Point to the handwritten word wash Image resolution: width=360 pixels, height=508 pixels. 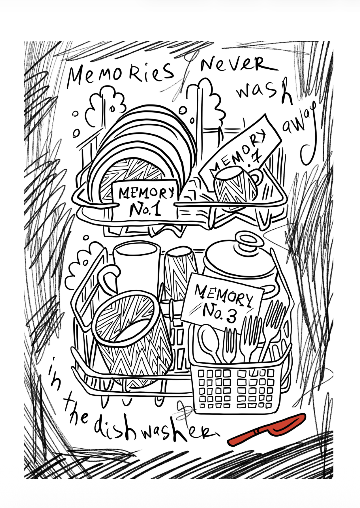coord(263,91)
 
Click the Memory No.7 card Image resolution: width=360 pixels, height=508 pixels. coord(241,150)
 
